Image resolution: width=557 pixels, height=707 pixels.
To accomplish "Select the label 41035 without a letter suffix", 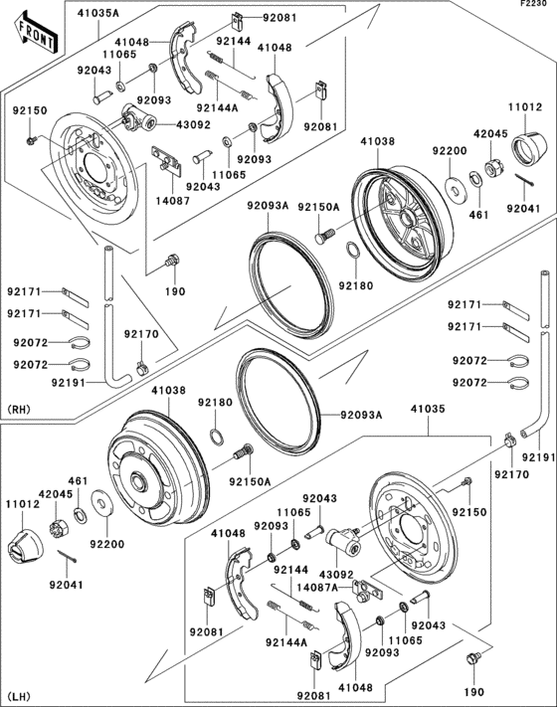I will pos(429,407).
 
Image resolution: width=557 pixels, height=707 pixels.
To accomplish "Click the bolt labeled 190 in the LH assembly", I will pos(472,658).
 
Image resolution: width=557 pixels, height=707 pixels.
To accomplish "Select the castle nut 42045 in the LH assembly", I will pos(58,514).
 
